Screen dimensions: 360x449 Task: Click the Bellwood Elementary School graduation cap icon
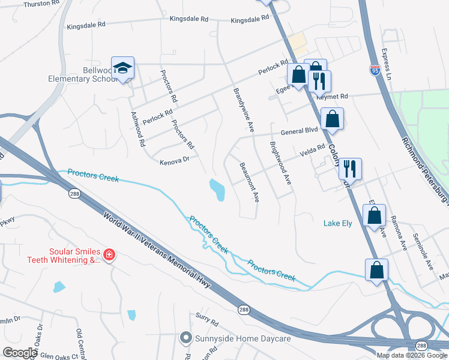pyautogui.click(x=122, y=68)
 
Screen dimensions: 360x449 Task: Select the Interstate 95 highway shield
pyautogui.click(x=375, y=70)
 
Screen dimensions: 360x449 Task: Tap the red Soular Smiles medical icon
pyautogui.click(x=109, y=255)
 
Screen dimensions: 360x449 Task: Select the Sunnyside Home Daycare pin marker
pyautogui.click(x=187, y=338)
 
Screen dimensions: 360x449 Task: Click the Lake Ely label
pyautogui.click(x=339, y=223)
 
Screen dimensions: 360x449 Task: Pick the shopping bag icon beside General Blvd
pyautogui.click(x=332, y=119)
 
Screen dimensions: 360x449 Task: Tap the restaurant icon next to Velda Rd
pyautogui.click(x=350, y=169)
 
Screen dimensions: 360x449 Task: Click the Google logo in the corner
pyautogui.click(x=19, y=353)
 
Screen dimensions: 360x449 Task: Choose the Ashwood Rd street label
pyautogui.click(x=137, y=130)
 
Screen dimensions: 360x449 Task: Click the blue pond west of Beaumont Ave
pyautogui.click(x=217, y=190)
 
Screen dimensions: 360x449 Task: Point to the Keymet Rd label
pyautogui.click(x=335, y=96)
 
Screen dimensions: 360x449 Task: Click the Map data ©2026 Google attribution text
pyautogui.click(x=412, y=355)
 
